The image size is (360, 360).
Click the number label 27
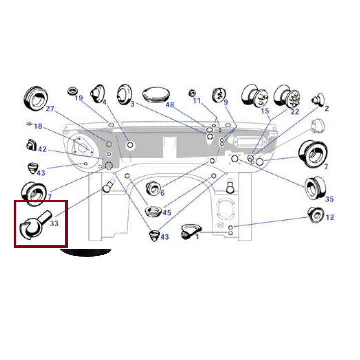[x=50, y=109]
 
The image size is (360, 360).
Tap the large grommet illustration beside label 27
[x=36, y=98]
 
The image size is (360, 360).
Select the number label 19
[x=79, y=98]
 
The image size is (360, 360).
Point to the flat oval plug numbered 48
[x=156, y=94]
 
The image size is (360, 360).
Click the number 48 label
[x=170, y=105]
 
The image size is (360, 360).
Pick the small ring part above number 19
[x=73, y=91]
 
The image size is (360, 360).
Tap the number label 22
[x=295, y=112]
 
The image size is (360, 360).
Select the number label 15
[x=265, y=111]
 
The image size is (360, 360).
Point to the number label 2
[x=327, y=108]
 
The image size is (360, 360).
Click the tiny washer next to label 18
[x=29, y=124]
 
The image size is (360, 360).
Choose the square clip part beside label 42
[x=31, y=145]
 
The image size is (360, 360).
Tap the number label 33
[x=54, y=223]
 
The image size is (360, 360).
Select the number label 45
[x=167, y=213]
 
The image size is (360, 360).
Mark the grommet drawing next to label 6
[x=153, y=189]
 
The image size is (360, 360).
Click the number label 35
[x=329, y=199]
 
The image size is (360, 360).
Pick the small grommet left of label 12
[x=316, y=215]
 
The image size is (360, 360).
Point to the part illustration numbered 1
[x=191, y=232]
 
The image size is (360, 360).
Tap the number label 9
[x=226, y=102]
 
